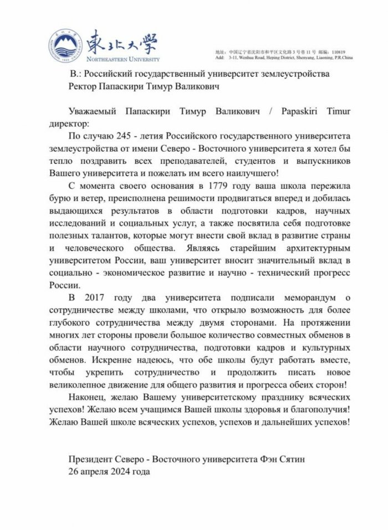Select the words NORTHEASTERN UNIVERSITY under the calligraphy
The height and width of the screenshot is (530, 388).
click(126, 58)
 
